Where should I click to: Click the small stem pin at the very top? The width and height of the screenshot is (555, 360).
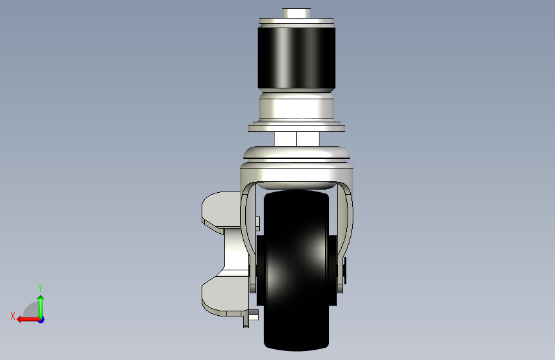click(x=296, y=13)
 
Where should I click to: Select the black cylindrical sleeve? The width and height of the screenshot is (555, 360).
click(x=296, y=58)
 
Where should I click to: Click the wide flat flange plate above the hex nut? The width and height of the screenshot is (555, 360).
click(x=296, y=126)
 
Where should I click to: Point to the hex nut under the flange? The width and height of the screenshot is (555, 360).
click(x=296, y=139)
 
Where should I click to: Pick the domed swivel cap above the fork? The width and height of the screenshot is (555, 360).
click(x=296, y=152)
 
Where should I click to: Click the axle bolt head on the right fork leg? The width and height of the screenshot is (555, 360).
click(x=344, y=270)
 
